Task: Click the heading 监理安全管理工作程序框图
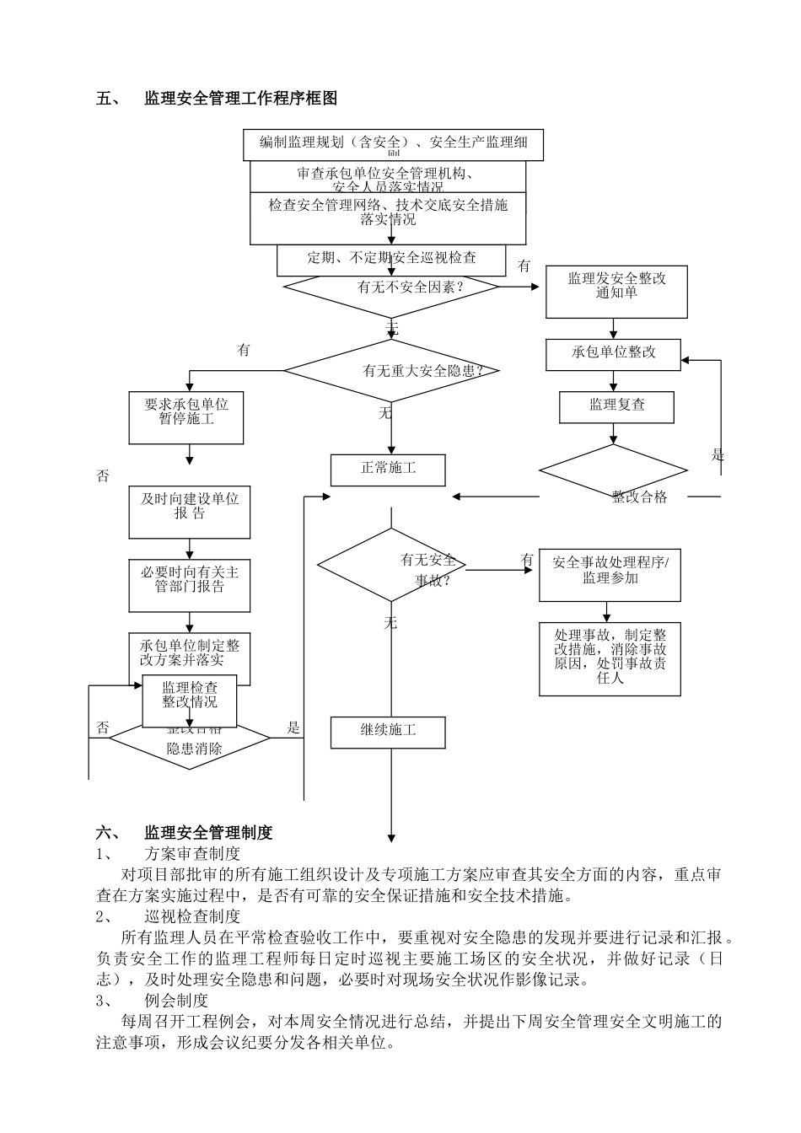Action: coord(240,99)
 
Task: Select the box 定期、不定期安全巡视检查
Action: coord(391,259)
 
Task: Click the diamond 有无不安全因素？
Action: coord(391,287)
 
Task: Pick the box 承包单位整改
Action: coord(613,352)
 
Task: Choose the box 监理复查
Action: coord(616,406)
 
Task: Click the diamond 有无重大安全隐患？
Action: coord(391,370)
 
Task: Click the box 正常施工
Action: coord(388,469)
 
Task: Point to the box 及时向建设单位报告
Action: coord(189,511)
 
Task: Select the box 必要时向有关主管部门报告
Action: coord(189,584)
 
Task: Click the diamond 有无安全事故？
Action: coord(391,565)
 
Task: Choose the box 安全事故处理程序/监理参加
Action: coord(610,576)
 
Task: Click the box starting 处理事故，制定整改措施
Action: coord(610,658)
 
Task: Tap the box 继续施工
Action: coord(388,731)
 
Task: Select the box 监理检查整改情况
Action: coord(189,699)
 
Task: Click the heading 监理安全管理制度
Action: coord(208,833)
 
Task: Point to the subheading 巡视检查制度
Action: coord(192,916)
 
